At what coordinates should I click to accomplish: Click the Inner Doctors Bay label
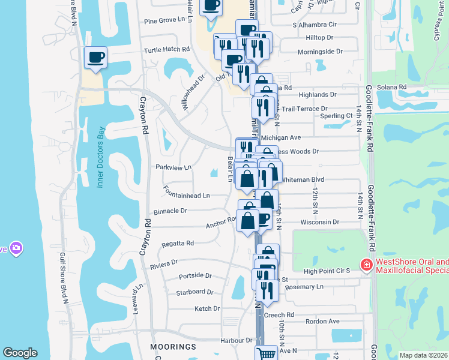[101, 157]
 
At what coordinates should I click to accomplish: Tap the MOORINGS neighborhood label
[174, 347]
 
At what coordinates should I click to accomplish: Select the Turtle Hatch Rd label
[166, 49]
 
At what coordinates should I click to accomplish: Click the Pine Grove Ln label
[163, 20]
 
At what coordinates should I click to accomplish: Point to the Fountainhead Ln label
[186, 196]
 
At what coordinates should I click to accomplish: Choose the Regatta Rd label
[177, 244]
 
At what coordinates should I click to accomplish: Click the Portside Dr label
[195, 276]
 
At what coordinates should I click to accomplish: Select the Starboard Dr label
[194, 292]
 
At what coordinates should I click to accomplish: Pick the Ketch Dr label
[207, 308]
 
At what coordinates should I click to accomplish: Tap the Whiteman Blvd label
[303, 179]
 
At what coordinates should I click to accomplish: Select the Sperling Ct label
[336, 116]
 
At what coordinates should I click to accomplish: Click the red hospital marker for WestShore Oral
[365, 264]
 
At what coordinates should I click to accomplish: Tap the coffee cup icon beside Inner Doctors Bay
[96, 58]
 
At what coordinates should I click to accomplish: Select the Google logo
[20, 353]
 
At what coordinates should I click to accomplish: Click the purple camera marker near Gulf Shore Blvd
[16, 248]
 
